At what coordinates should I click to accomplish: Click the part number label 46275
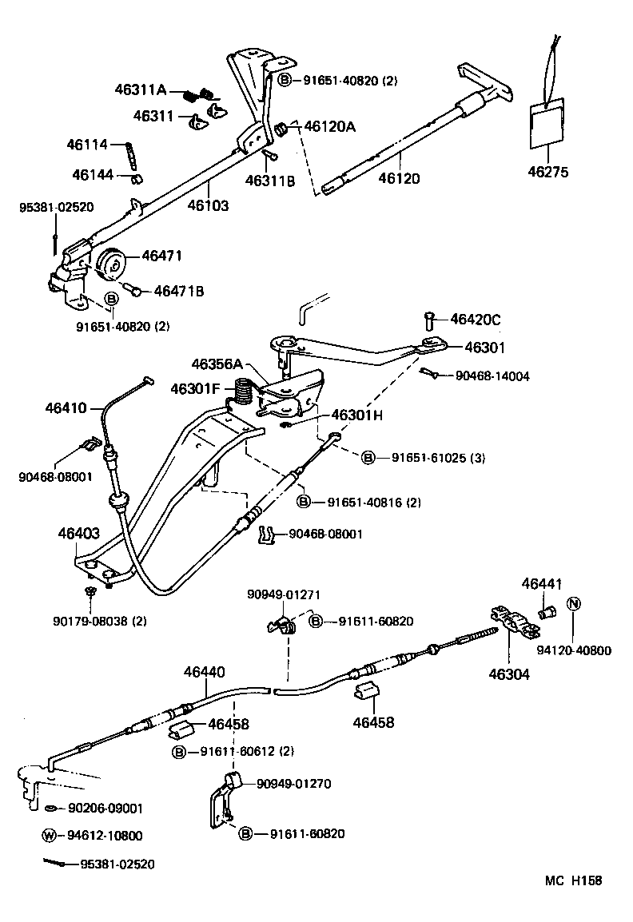coord(548,171)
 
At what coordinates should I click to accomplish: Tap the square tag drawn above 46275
coord(547,124)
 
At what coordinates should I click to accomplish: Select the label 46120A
coord(330,126)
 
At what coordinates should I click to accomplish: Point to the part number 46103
coord(208,205)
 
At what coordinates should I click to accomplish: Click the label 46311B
coord(270,181)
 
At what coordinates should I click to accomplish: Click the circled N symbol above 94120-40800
coord(573,604)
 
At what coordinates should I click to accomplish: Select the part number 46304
coord(510,674)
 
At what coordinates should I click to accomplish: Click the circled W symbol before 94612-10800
coord(50,836)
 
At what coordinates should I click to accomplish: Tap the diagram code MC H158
coord(573,881)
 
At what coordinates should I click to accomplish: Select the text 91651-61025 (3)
coord(440,458)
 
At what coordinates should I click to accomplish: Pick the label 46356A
coord(216,364)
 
